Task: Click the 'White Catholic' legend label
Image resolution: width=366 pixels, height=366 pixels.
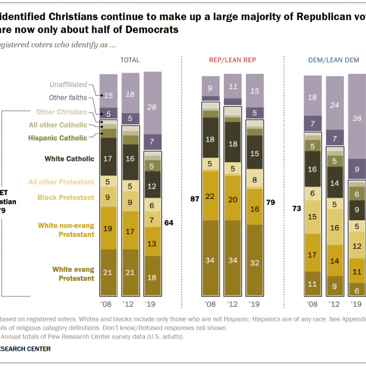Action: [x=70, y=159]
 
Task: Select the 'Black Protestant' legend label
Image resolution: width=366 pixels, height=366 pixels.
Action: [x=66, y=197]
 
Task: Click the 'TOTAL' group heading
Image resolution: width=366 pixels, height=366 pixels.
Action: [x=130, y=60]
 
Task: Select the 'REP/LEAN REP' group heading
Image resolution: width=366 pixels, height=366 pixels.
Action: [x=233, y=60]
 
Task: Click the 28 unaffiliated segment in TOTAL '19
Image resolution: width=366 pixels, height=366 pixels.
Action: [x=152, y=107]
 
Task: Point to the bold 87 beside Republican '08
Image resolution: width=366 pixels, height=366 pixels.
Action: [x=195, y=198]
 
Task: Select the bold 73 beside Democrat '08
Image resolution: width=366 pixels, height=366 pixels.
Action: [x=297, y=208]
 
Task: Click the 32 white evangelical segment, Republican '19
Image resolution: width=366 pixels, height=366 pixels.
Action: [x=254, y=264]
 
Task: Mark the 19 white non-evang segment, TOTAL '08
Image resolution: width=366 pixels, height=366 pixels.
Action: [x=108, y=229]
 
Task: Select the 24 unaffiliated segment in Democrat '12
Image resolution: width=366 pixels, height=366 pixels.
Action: [x=334, y=104]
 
